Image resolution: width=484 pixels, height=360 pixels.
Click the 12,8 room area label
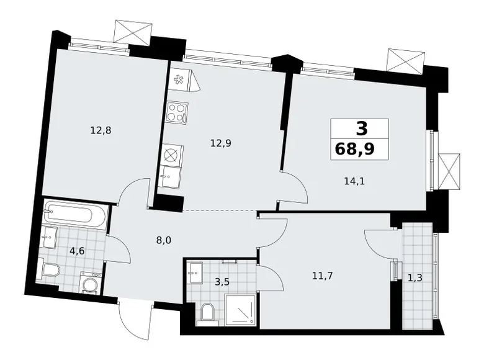coord(100,130)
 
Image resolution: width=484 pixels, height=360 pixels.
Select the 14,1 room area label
coord(354,181)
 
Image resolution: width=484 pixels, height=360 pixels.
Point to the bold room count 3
coord(361,128)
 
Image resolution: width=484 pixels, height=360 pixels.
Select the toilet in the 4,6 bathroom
coord(49,268)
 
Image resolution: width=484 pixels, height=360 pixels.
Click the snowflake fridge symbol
coord(179,79)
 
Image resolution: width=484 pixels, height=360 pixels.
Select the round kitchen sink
coord(171,155)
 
